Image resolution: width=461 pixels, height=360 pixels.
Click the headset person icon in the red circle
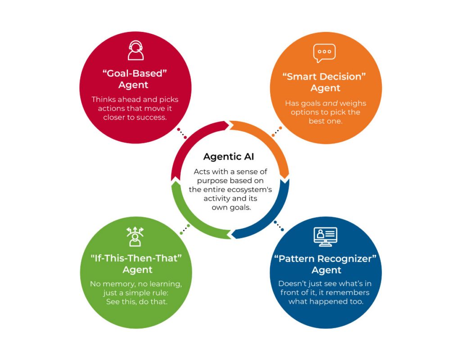136,50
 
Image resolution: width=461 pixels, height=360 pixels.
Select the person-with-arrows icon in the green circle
135,237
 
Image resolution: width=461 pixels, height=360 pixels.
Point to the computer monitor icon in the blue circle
325,237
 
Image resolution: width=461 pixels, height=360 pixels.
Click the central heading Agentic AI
228,157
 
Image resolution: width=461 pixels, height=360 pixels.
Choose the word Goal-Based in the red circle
135,73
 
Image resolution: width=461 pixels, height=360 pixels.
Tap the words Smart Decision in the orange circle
324,77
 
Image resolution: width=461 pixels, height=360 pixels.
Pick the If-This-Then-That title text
136,258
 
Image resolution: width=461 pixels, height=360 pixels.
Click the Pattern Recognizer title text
325,259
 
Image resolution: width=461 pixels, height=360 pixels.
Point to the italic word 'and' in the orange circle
330,103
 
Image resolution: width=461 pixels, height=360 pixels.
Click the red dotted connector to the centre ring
182,133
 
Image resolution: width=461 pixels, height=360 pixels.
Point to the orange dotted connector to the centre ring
277,132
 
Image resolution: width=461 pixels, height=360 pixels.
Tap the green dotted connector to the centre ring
185,230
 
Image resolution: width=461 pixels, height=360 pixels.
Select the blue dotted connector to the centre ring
278,226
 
